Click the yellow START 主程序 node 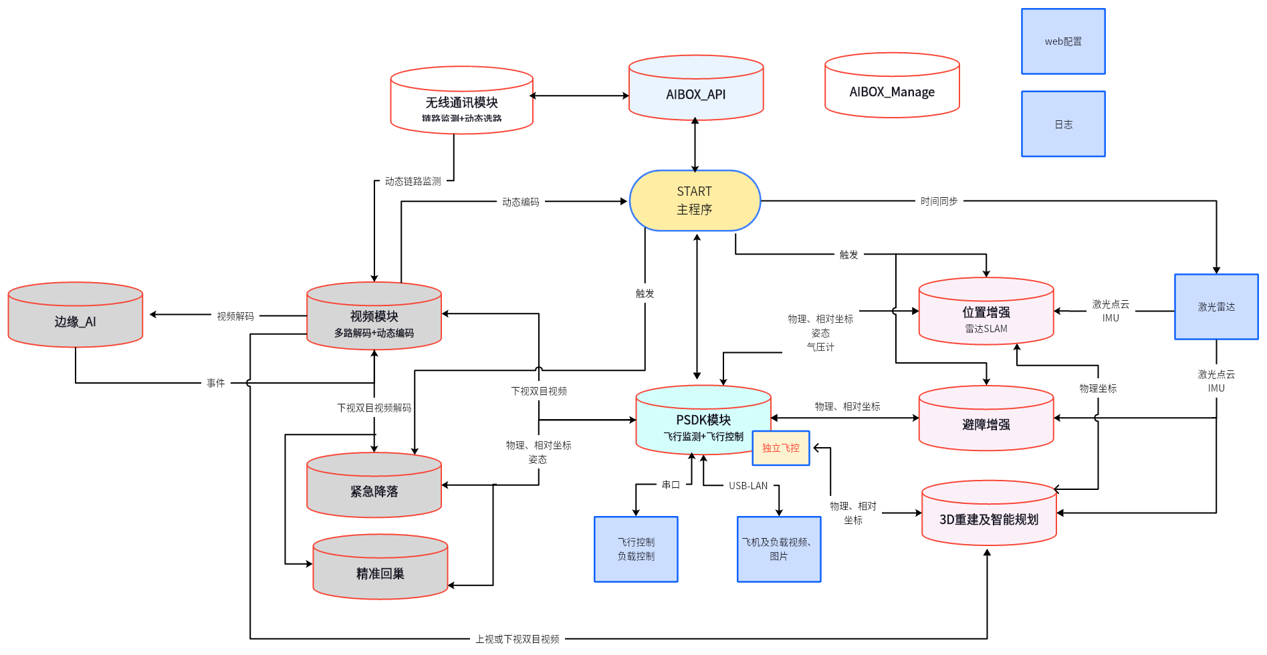(695, 201)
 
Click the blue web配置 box (1063, 41)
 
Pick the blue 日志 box (1063, 124)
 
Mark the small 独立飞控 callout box (781, 448)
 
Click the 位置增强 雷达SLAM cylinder (986, 313)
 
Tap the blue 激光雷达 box (1216, 307)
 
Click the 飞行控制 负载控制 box (636, 549)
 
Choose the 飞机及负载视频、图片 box (779, 549)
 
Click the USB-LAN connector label (748, 486)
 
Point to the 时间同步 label (939, 201)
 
